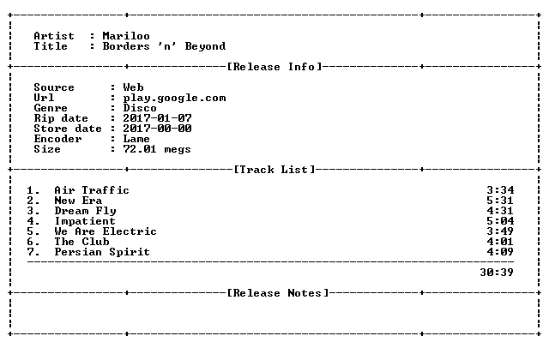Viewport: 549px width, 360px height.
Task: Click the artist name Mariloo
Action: click(x=126, y=36)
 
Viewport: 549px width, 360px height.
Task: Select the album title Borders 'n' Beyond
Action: click(x=164, y=46)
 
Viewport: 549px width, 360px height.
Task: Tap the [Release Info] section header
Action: click(x=274, y=67)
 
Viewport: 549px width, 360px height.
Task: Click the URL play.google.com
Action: click(x=174, y=98)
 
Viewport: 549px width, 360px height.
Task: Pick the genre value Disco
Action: click(x=140, y=108)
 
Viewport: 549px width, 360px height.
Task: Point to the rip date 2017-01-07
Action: click(x=157, y=118)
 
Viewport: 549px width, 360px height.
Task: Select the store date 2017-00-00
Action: click(x=157, y=129)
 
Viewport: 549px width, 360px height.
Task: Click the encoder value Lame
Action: click(x=136, y=139)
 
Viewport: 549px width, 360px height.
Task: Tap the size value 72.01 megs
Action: click(x=157, y=149)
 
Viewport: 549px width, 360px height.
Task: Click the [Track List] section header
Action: click(x=274, y=170)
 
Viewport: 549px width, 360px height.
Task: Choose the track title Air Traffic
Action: click(x=92, y=190)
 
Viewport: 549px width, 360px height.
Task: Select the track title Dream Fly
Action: click(x=85, y=211)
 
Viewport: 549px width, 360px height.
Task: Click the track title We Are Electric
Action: click(x=106, y=231)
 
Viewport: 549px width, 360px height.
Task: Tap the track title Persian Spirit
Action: click(x=102, y=252)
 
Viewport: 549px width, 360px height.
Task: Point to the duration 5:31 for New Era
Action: click(x=500, y=201)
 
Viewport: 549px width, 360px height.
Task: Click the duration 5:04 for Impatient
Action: click(x=500, y=221)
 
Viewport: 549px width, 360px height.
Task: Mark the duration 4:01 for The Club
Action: click(x=500, y=242)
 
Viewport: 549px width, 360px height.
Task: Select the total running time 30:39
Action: click(x=497, y=273)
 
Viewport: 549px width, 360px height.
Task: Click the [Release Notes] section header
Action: click(x=278, y=293)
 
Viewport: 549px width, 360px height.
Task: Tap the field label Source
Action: click(x=54, y=87)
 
